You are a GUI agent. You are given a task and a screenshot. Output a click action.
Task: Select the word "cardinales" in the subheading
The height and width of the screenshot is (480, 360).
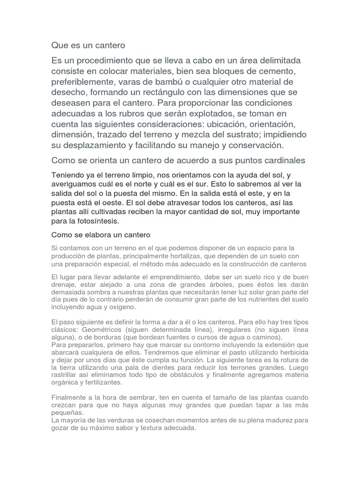283,161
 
